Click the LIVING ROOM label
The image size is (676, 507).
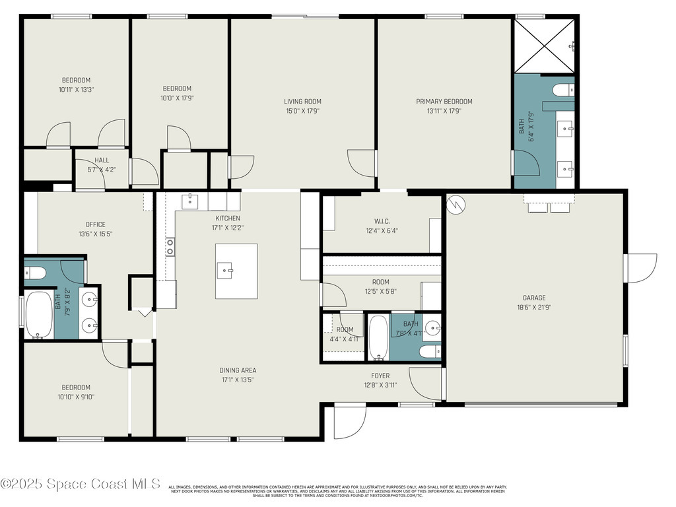302,102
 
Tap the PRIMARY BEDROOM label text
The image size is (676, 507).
444,102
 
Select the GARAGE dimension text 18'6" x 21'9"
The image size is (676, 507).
535,307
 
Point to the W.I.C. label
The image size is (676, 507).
382,222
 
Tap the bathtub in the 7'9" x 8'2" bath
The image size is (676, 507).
39,316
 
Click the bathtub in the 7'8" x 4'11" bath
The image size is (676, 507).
378,337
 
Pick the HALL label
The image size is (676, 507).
102,160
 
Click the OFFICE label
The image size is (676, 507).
95,224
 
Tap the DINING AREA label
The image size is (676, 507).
238,370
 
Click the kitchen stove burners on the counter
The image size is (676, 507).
170,247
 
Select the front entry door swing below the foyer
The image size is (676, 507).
349,421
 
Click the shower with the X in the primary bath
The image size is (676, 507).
544,45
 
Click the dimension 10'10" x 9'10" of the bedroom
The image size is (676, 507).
76,397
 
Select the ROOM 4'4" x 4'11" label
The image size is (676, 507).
345,334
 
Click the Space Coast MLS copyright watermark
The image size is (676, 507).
81,484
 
